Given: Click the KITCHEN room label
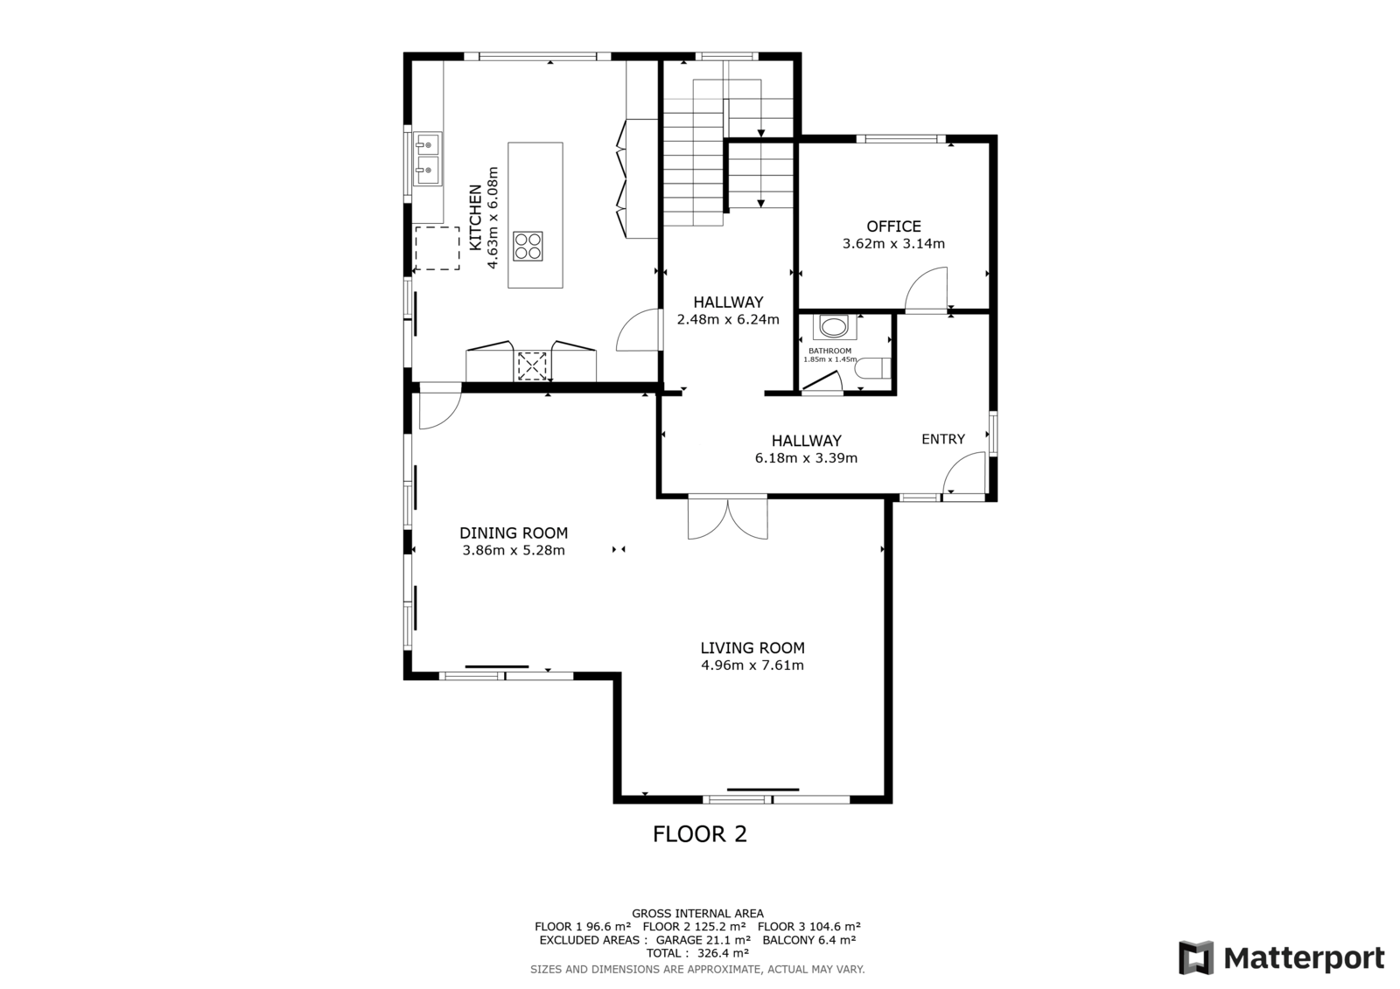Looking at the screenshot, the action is [476, 218].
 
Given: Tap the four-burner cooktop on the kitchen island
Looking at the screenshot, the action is [528, 246].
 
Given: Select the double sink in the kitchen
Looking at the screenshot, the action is [428, 158].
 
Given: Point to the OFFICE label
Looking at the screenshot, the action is [893, 226].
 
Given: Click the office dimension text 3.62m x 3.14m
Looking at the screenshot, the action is [893, 244].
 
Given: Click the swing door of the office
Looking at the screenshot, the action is [927, 289].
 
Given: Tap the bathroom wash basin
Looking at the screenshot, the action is [835, 327].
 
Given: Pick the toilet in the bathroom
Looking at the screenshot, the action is [873, 368].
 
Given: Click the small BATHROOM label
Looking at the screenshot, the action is [830, 352].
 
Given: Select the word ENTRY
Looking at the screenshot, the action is [943, 439].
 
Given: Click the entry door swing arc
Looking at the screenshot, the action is [964, 474].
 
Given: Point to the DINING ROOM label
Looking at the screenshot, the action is [514, 533].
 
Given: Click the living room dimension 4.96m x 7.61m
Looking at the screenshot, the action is [752, 665].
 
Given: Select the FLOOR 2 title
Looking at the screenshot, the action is [700, 834].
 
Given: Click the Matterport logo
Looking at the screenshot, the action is [1281, 958].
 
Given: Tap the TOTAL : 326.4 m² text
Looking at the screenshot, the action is [698, 953].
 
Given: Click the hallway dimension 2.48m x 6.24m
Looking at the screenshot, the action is [728, 320].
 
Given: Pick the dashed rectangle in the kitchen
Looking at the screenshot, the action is [437, 248].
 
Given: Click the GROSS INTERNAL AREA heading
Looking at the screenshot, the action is [697, 914].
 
